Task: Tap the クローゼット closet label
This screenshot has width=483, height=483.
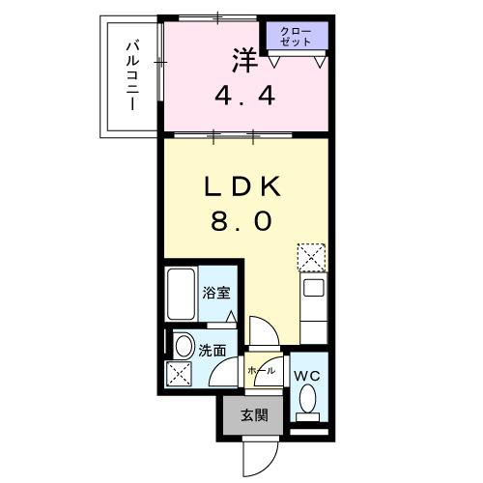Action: click(297, 38)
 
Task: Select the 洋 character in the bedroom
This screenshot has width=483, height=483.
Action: click(244, 60)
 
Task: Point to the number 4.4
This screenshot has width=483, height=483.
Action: click(244, 97)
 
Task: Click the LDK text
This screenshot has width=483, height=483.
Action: click(244, 185)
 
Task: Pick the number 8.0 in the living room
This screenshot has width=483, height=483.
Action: click(244, 221)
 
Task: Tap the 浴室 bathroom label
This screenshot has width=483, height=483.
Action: click(214, 293)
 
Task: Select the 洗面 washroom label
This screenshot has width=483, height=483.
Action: click(212, 351)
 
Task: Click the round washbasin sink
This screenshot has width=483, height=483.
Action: click(183, 345)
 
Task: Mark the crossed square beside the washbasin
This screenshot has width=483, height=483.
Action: click(182, 374)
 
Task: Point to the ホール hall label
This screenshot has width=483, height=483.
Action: click(261, 371)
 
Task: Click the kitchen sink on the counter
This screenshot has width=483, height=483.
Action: click(313, 288)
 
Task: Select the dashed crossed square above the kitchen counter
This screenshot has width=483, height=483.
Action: click(312, 256)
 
